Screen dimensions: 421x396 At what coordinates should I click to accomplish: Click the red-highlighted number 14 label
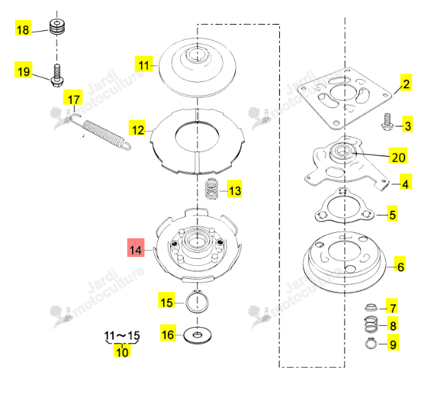[136, 248]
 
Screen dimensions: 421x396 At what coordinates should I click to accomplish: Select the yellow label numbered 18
[23, 28]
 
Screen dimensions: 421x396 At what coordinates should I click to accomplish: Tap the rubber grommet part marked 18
[57, 27]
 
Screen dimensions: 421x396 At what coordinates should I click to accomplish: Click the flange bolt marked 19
[56, 76]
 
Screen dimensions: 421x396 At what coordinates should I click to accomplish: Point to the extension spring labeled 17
[101, 132]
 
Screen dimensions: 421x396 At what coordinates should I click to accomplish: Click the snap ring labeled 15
[197, 302]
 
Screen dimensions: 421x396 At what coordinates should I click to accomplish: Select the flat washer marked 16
[197, 335]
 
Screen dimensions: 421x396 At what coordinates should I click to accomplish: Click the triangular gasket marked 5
[345, 206]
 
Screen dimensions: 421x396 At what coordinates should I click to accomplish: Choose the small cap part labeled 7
[371, 307]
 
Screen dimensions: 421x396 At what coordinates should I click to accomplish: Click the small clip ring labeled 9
[371, 343]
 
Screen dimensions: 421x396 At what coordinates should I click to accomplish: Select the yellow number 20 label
[398, 156]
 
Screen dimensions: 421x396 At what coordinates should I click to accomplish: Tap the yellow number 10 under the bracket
[122, 351]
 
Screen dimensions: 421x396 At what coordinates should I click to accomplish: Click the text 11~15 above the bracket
[122, 335]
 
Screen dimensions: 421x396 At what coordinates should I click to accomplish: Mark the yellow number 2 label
[406, 83]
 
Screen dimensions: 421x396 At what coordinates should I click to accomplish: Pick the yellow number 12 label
[137, 128]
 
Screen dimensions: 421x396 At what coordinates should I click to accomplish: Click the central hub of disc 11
[197, 55]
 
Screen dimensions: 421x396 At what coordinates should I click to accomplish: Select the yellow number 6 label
[400, 265]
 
